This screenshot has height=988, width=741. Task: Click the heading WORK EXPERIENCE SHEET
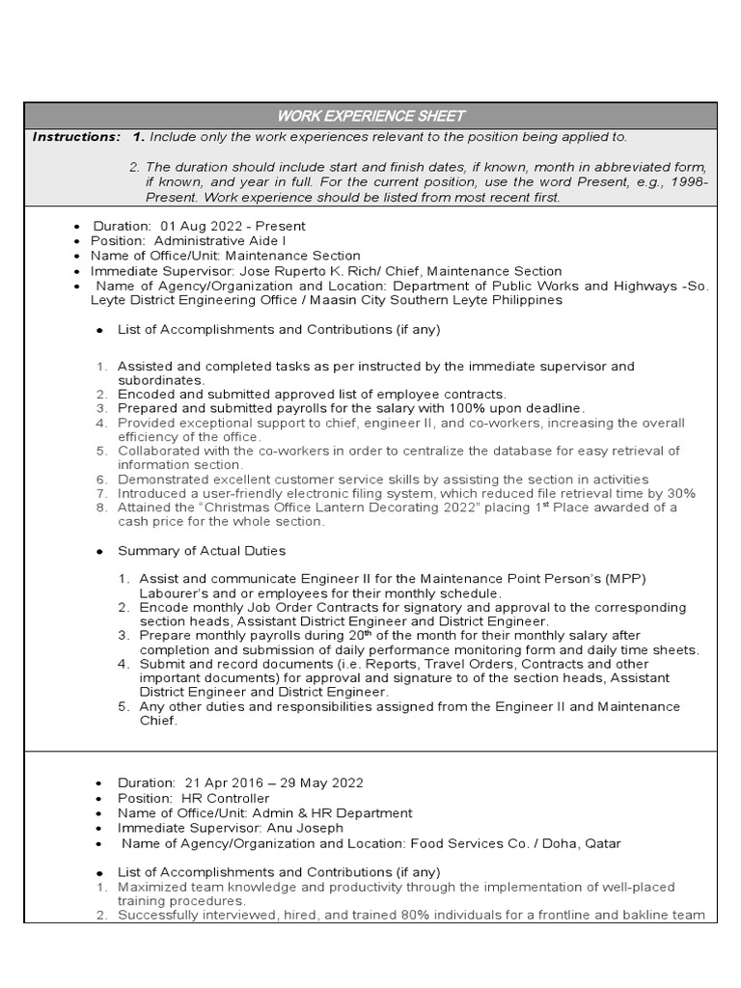[371, 115]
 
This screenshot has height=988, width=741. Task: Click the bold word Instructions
[76, 137]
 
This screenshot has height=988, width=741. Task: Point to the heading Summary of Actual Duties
[202, 550]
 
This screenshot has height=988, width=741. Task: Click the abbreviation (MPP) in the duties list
[625, 578]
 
